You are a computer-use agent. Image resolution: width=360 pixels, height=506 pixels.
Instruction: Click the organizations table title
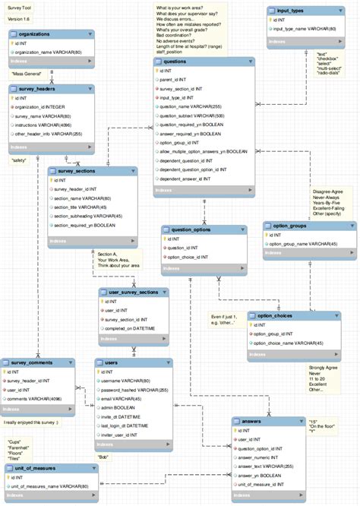click(35, 33)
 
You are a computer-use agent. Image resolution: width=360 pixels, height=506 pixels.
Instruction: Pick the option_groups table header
click(290, 225)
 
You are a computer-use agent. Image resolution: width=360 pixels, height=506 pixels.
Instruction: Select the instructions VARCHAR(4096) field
click(45, 125)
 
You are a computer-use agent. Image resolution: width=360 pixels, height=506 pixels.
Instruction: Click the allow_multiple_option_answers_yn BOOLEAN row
click(204, 151)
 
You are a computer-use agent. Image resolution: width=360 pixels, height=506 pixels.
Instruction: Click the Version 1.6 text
click(19, 17)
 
